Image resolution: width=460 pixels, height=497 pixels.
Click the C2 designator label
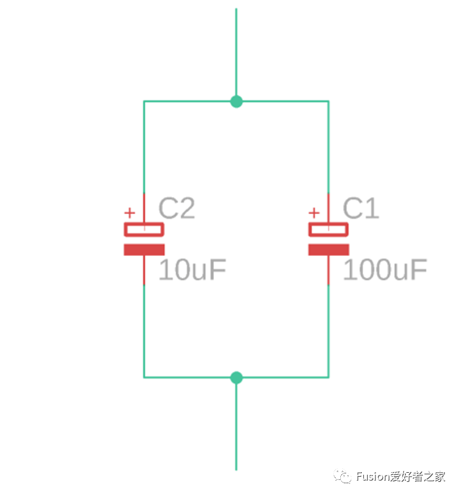click(x=177, y=209)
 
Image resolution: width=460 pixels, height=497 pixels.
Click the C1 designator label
click(x=361, y=209)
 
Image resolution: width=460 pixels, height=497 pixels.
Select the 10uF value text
click(x=192, y=270)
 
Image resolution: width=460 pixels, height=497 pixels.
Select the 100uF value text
click(x=385, y=270)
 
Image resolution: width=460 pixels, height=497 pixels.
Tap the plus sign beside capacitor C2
click(x=130, y=213)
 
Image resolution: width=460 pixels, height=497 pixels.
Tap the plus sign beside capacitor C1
click(x=314, y=213)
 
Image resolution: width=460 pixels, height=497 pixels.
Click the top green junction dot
click(x=236, y=101)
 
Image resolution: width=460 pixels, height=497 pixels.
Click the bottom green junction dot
click(x=236, y=378)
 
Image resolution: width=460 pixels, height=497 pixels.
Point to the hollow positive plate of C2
click(x=144, y=229)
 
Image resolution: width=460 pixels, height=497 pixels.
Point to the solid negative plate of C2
click(x=144, y=249)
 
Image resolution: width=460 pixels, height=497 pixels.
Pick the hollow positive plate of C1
click(x=328, y=229)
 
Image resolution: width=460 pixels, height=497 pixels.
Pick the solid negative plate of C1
click(x=328, y=249)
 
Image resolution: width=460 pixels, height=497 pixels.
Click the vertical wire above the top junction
click(x=236, y=52)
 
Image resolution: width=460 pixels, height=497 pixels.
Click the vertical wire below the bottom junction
click(x=236, y=426)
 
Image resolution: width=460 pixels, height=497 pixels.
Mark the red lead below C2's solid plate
click(x=144, y=270)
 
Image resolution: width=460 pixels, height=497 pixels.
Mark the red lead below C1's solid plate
click(x=328, y=270)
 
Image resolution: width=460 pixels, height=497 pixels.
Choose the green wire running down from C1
click(x=328, y=331)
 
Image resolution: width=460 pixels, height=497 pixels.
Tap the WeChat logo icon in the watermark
click(x=343, y=476)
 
